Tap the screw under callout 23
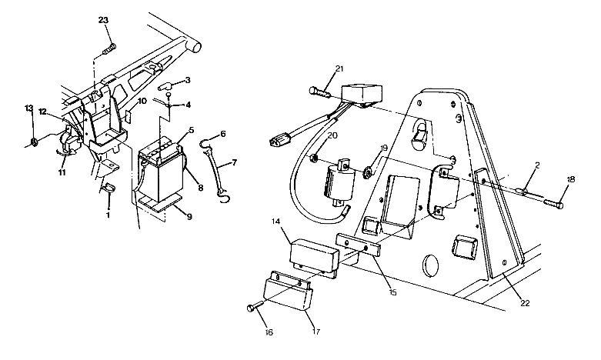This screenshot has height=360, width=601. [x=107, y=49]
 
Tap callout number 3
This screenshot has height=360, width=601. [x=187, y=80]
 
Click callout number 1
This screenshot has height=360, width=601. [x=109, y=216]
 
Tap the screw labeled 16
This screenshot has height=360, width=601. [x=255, y=308]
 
